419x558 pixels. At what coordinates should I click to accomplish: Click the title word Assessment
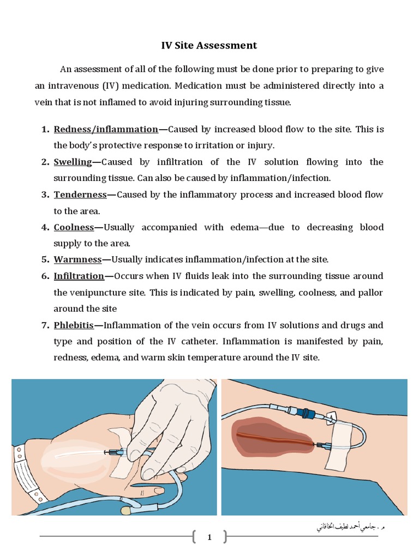(228, 45)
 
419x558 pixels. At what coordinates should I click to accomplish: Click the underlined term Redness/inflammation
(106, 129)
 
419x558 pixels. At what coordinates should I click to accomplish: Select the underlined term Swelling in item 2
(73, 162)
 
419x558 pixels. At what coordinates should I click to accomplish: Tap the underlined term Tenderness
(80, 195)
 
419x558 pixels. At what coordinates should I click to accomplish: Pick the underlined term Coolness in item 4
(74, 227)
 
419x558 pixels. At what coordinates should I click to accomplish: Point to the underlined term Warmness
(77, 259)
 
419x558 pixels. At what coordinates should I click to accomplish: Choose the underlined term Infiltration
(79, 276)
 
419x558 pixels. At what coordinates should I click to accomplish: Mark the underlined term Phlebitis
(74, 325)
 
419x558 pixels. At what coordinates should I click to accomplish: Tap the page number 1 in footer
(209, 538)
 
